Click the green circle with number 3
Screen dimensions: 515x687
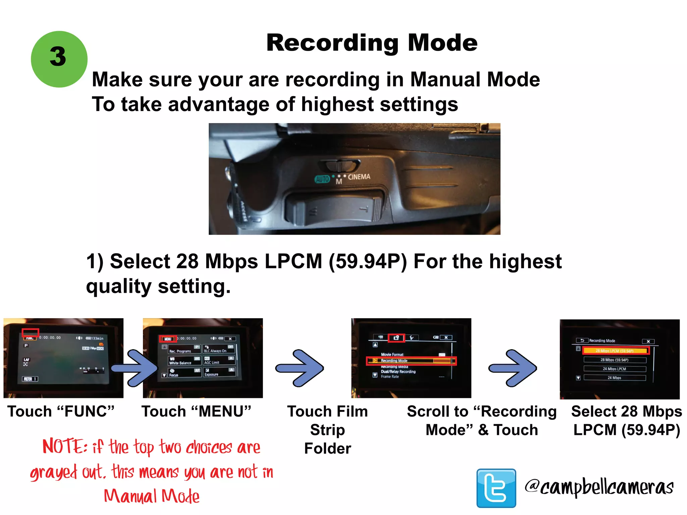click(59, 59)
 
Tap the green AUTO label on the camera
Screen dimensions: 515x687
click(322, 179)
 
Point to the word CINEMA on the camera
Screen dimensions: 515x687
click(359, 177)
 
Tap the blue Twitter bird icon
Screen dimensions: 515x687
click(496, 488)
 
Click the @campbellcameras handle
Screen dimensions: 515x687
click(599, 487)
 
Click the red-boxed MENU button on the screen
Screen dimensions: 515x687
click(168, 339)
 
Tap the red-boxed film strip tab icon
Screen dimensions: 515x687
click(396, 338)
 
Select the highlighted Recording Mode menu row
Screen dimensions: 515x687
click(411, 361)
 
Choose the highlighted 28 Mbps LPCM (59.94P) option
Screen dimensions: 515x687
click(616, 351)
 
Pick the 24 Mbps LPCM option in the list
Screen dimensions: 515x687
click(615, 369)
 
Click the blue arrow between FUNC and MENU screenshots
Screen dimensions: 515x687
click(134, 368)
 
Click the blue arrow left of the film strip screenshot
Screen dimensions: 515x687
click(300, 368)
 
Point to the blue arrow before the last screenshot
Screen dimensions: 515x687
click(513, 368)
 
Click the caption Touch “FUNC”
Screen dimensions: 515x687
click(61, 411)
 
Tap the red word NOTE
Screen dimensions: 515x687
click(65, 447)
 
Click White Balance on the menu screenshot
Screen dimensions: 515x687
click(180, 363)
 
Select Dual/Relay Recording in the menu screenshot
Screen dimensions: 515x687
click(398, 371)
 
